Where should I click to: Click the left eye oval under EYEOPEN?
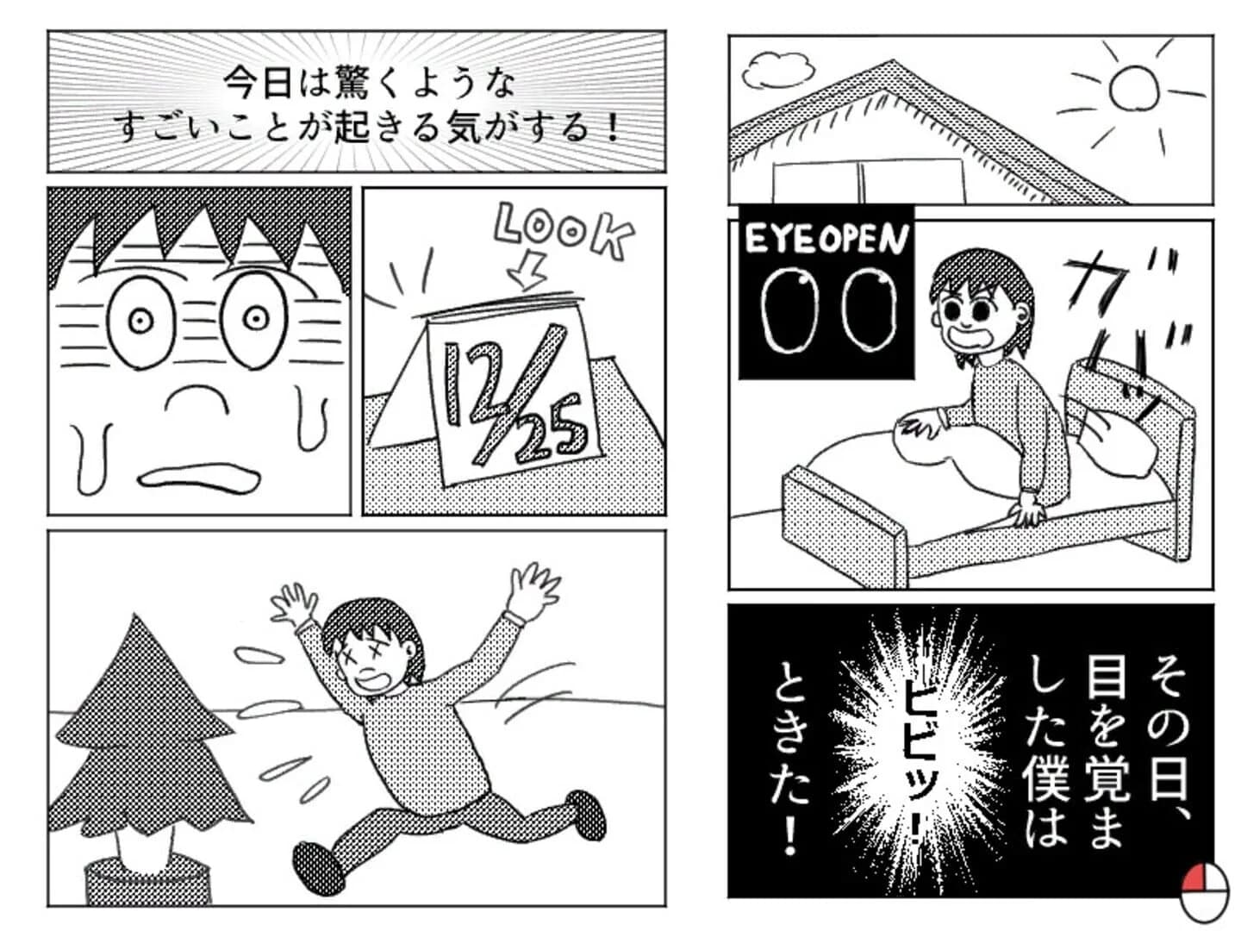790,311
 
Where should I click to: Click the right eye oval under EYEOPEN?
869,311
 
